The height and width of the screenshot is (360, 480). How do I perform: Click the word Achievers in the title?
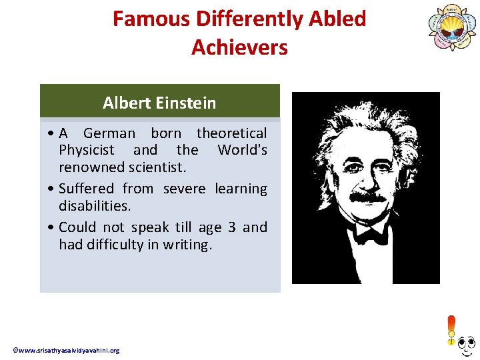click(x=239, y=47)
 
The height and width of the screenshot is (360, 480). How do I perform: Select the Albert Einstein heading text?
click(x=159, y=103)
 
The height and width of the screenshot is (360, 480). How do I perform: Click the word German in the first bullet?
click(x=109, y=133)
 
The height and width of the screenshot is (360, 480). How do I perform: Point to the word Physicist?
click(x=87, y=150)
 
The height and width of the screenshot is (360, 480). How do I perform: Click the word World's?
click(x=242, y=150)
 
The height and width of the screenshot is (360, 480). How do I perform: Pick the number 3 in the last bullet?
click(x=231, y=227)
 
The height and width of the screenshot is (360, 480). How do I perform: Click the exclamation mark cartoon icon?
click(x=452, y=331)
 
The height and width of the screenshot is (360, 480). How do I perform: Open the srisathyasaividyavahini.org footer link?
click(x=66, y=351)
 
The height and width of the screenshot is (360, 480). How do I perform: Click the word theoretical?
click(x=231, y=133)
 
